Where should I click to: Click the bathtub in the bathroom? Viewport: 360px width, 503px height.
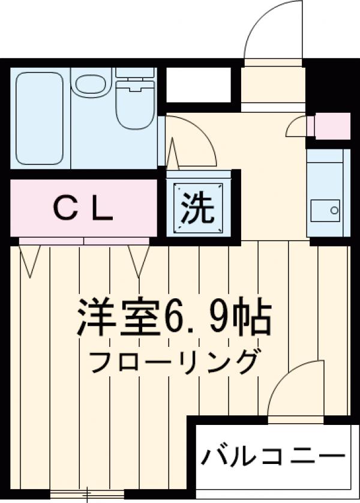(40, 118)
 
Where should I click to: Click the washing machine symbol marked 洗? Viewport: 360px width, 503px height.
(197, 207)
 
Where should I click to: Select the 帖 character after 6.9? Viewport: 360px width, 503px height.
(256, 318)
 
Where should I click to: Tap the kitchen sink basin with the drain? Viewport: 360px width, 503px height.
(325, 210)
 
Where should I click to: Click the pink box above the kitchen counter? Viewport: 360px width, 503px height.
(331, 126)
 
